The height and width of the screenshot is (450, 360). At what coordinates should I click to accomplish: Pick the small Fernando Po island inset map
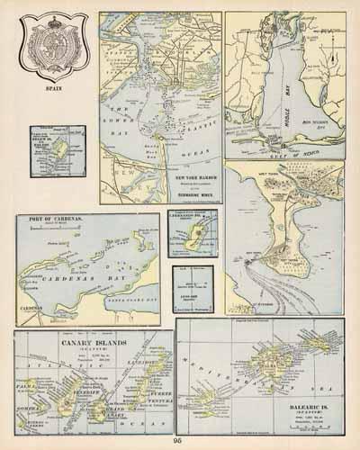click(191, 234)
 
